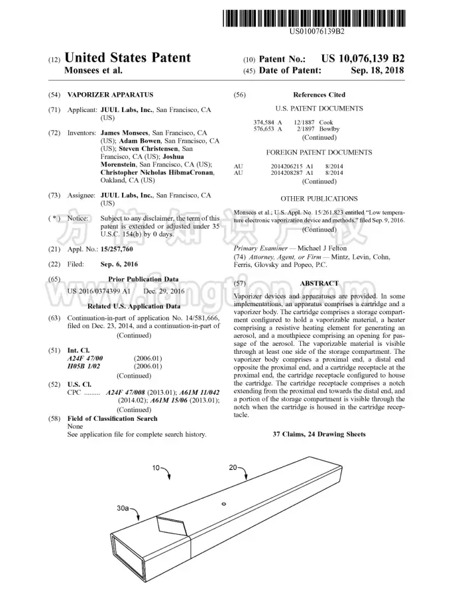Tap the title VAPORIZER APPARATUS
(x=110, y=95)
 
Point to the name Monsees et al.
(x=93, y=70)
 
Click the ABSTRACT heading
(x=319, y=282)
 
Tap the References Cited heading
(x=319, y=95)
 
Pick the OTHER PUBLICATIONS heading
(x=319, y=199)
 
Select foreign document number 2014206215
(x=288, y=166)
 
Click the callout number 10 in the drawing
(x=156, y=468)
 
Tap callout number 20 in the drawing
(x=233, y=468)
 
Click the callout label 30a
(x=123, y=509)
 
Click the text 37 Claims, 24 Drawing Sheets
(x=319, y=435)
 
